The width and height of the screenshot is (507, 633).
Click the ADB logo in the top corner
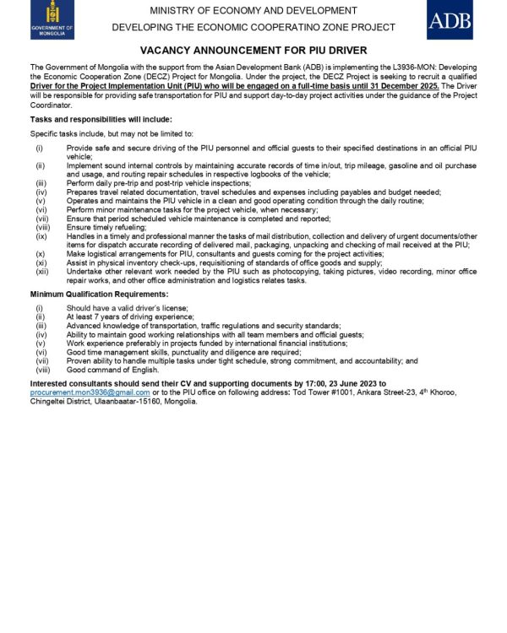[x=450, y=20]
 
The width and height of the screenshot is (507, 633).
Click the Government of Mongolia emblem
[x=52, y=19]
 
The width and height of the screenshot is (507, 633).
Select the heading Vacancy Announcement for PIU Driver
[x=253, y=51]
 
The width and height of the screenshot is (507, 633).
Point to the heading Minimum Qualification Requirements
[x=99, y=294]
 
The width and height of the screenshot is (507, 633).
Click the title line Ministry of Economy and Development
[x=253, y=11]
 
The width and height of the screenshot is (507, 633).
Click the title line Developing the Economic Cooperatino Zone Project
[x=253, y=28]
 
